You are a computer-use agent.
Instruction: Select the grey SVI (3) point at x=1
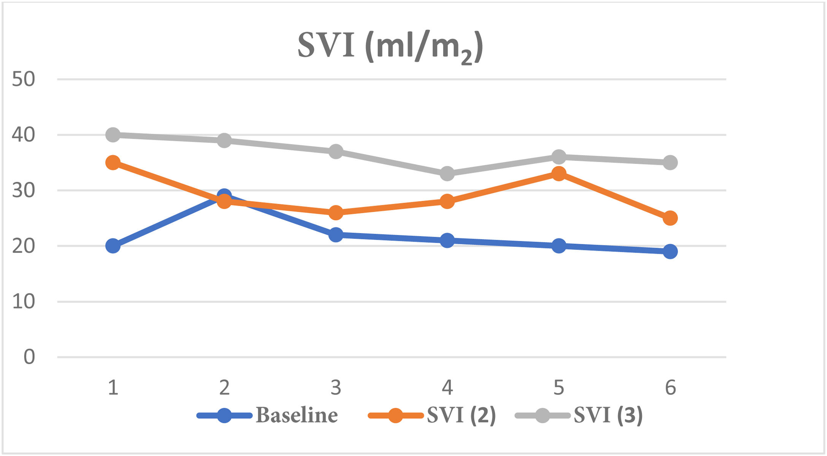tap(113, 135)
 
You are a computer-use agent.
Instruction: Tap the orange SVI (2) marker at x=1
tap(113, 163)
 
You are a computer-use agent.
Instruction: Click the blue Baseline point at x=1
tap(113, 246)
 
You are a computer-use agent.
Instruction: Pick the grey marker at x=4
tap(447, 174)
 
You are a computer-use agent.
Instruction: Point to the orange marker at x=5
tap(559, 174)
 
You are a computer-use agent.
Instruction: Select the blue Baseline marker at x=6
tap(670, 251)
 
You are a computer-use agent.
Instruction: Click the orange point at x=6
tap(670, 218)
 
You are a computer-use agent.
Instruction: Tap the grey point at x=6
tap(670, 163)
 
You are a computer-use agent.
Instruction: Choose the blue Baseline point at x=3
tap(336, 235)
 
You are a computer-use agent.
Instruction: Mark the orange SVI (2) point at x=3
tap(336, 213)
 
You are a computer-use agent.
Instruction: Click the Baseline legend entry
tap(297, 415)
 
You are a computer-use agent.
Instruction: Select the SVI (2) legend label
tap(461, 415)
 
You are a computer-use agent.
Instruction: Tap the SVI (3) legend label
tap(608, 415)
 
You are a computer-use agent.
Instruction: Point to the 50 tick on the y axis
tap(24, 79)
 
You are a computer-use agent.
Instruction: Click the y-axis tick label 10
tap(24, 302)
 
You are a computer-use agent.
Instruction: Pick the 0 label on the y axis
tap(29, 357)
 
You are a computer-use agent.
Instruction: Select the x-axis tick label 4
tap(447, 388)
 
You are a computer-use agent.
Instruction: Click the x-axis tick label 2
tap(224, 388)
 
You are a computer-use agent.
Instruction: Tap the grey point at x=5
tap(559, 157)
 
